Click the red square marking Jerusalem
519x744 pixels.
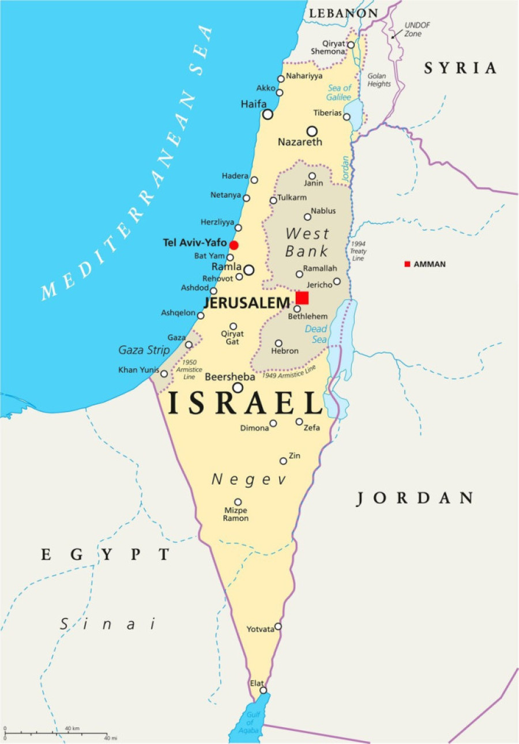[302, 297]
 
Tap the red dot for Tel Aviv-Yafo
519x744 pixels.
[234, 245]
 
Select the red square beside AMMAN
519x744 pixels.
[407, 264]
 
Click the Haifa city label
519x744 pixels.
[253, 104]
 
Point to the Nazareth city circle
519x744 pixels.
[312, 131]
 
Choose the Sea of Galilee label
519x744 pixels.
[340, 92]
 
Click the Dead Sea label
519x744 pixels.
[316, 334]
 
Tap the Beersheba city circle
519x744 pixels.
[238, 388]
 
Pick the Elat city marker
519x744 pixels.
[264, 690]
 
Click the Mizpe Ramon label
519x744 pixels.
[236, 514]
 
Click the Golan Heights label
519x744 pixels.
[379, 80]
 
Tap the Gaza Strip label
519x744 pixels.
[144, 350]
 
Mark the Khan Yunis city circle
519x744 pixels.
[164, 373]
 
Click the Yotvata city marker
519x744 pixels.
[278, 626]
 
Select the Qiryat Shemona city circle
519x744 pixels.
[350, 44]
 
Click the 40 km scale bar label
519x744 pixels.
[72, 728]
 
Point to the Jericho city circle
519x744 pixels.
[337, 281]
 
